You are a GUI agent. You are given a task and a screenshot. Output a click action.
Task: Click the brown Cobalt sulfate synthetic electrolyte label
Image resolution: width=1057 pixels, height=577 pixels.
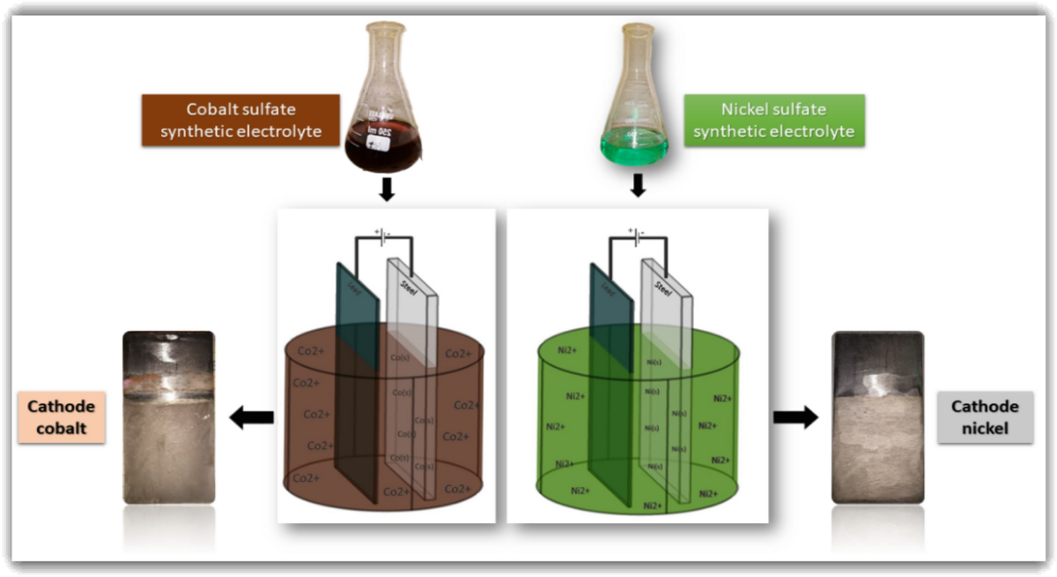point(240,120)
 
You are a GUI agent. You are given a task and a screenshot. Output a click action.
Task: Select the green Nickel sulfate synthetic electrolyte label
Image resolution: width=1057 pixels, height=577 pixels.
point(774,120)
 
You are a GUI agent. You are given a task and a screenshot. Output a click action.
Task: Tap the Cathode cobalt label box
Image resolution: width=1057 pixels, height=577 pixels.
point(61,418)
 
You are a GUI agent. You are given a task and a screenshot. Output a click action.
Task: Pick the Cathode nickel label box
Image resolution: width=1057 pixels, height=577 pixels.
point(985,418)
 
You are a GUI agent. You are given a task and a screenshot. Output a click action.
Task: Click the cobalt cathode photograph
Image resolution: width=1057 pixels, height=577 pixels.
point(168,418)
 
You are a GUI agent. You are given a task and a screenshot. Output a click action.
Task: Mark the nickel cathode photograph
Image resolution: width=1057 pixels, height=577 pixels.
point(878,418)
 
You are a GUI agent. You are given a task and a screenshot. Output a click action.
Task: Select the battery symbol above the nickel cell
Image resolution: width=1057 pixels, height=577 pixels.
point(635,233)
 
